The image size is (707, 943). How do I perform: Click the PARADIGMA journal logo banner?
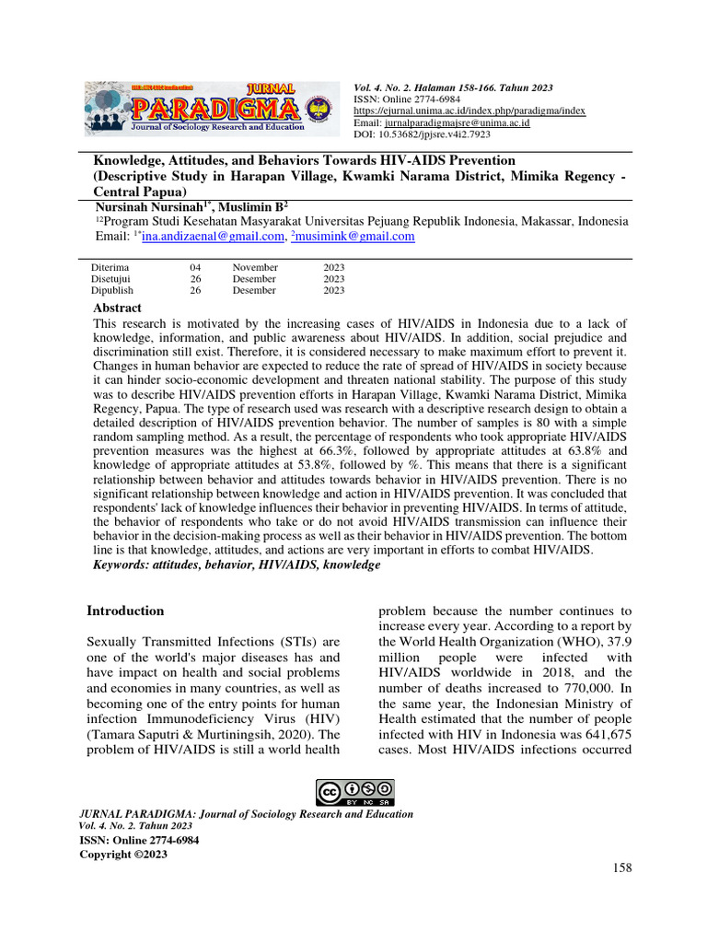(x=205, y=109)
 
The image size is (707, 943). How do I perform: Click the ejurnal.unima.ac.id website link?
(x=469, y=111)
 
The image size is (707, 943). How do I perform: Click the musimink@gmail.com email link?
(x=355, y=237)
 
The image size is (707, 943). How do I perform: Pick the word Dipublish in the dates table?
(x=112, y=290)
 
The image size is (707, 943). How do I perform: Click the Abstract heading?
(x=118, y=308)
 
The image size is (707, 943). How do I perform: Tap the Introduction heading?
(x=125, y=611)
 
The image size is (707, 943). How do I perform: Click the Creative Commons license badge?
(x=354, y=791)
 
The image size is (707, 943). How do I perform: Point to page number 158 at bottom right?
(x=622, y=867)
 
